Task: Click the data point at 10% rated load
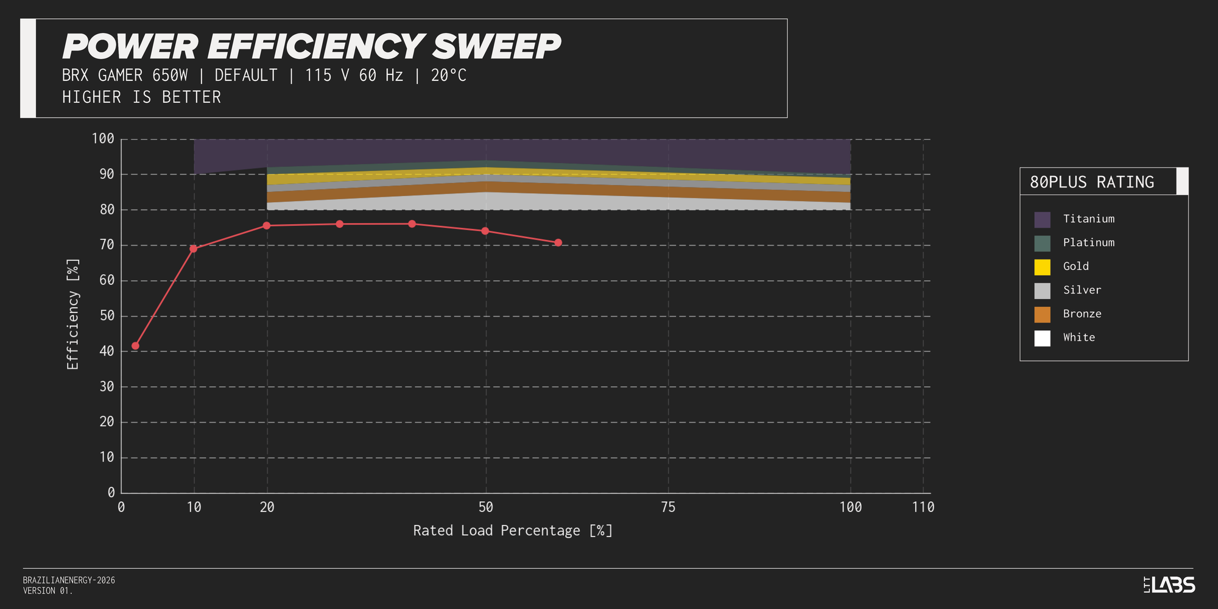click(194, 248)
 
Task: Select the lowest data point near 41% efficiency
click(135, 346)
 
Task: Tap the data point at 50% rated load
click(485, 231)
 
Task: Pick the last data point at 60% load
click(558, 242)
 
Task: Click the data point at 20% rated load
click(266, 225)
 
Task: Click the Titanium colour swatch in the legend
click(1042, 219)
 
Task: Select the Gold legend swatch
click(1042, 267)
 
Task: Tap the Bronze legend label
click(1082, 314)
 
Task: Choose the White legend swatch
click(1042, 338)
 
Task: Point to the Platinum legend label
click(1088, 242)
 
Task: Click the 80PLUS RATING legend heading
click(1091, 182)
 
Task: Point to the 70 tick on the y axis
click(107, 245)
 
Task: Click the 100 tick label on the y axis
click(103, 139)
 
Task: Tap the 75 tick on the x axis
click(668, 507)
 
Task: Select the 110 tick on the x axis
click(923, 507)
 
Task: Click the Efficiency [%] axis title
click(73, 314)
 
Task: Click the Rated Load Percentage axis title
click(513, 530)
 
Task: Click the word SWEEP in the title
click(496, 47)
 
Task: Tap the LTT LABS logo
click(1169, 585)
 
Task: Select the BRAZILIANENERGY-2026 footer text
click(69, 580)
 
